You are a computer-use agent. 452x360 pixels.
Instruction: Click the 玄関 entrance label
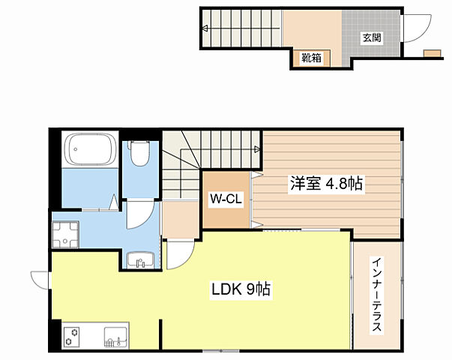(x=372, y=37)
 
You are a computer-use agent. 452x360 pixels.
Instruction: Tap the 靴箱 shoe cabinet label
(x=311, y=58)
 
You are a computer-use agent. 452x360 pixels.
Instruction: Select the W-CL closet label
(x=226, y=199)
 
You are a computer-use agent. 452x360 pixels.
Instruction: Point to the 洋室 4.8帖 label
(x=326, y=183)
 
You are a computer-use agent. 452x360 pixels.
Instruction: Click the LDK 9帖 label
(x=241, y=289)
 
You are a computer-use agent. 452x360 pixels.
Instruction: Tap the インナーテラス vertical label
(x=377, y=295)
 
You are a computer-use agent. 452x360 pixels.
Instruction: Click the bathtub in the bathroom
(x=91, y=149)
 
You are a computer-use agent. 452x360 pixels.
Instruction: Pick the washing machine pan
(x=66, y=235)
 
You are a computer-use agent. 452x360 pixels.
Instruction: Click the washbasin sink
(x=141, y=260)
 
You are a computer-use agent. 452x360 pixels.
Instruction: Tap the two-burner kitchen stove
(x=72, y=337)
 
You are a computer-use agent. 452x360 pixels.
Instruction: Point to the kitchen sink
(x=115, y=337)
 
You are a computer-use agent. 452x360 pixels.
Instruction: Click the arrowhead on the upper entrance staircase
(x=205, y=28)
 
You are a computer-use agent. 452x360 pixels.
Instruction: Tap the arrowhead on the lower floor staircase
(x=257, y=149)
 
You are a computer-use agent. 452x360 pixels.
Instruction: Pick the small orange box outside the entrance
(x=432, y=54)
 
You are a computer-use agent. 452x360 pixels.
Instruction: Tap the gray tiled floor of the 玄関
(x=371, y=34)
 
